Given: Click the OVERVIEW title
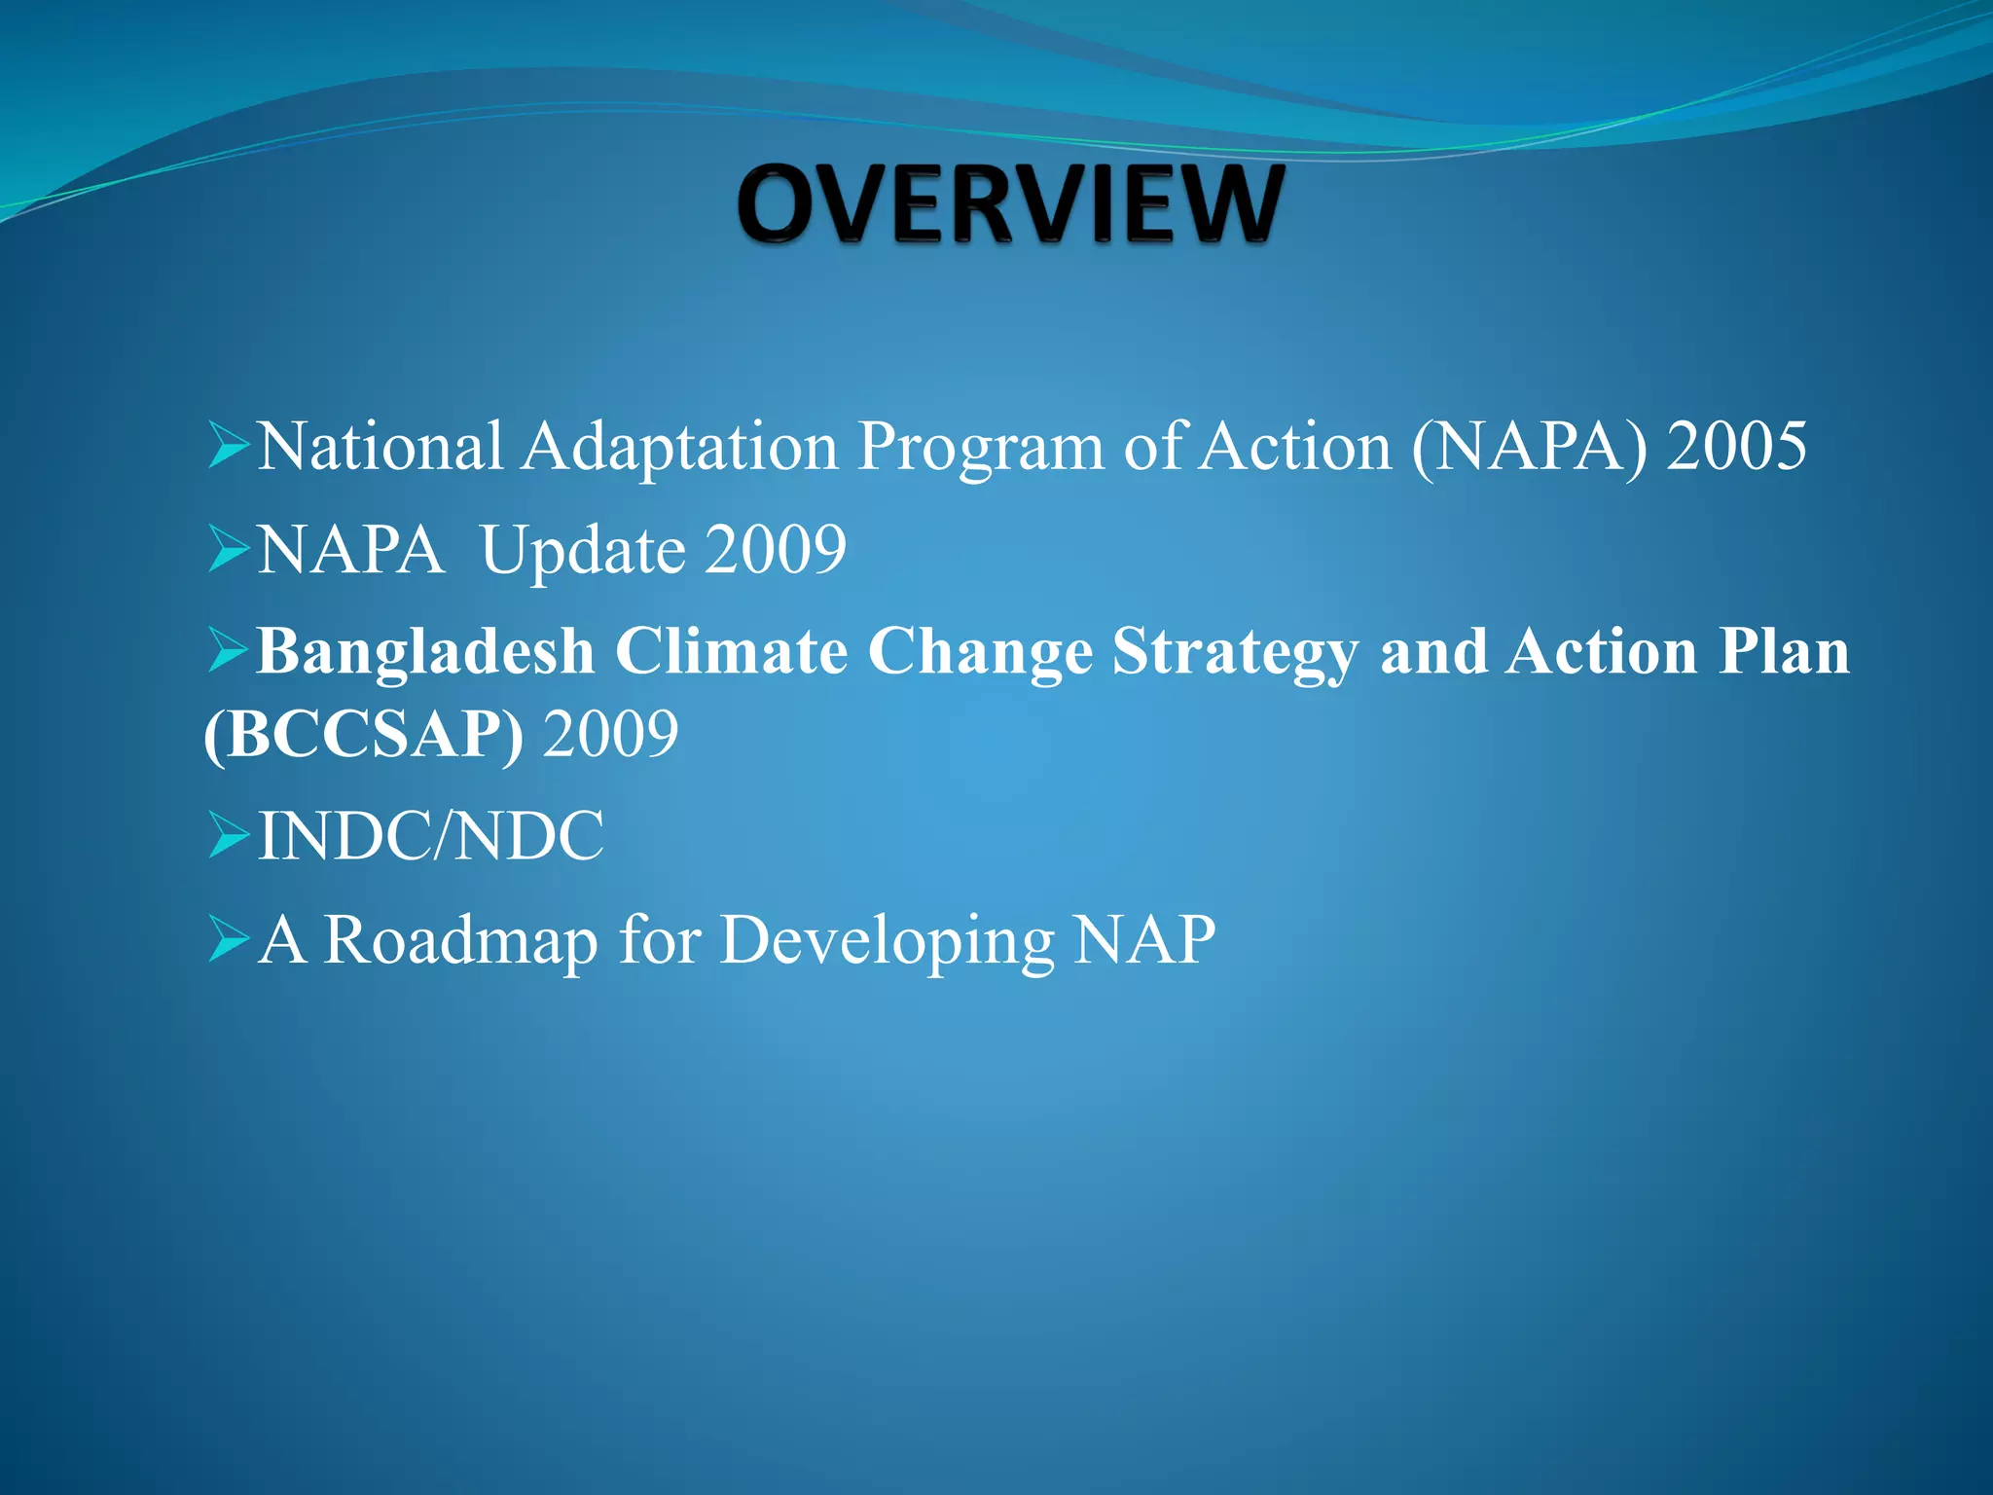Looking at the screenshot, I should pos(1010,204).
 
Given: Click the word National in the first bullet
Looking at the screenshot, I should pos(380,447).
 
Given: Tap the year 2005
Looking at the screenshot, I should pos(1736,447).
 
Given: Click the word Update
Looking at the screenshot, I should pos(583,552).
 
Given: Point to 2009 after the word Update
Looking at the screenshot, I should pos(776,550).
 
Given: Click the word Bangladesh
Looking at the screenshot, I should pos(425,652).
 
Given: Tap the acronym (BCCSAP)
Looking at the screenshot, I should pos(363,735).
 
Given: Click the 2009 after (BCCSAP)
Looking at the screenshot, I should pos(610,735).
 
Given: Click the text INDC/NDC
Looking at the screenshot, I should pos(430,836).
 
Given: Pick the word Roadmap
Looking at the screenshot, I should pos(459,941).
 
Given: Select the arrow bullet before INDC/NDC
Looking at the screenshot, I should pos(230,837).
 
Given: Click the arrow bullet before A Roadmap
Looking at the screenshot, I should pos(230,941).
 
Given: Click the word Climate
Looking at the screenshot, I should pos(731,651).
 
